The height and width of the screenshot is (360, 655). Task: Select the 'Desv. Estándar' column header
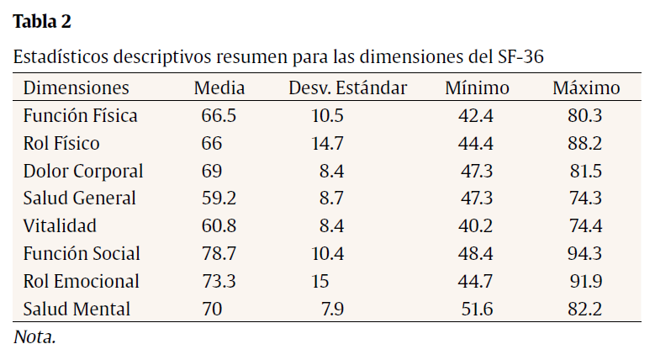coord(347,88)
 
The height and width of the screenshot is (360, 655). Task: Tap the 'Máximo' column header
coord(586,88)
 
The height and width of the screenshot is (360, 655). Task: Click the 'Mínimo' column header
coord(477,88)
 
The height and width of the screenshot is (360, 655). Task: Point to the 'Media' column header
coord(219,88)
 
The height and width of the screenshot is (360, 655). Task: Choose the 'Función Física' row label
coord(80,116)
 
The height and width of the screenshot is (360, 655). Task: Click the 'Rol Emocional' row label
coord(81,281)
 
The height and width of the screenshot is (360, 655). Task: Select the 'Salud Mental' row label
coord(77,309)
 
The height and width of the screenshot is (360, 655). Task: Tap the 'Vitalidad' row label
coord(60,226)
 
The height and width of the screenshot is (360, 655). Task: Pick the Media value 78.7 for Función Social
coord(219,254)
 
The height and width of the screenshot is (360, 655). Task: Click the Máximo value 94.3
coord(585,254)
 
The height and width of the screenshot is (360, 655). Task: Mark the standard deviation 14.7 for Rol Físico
coord(327,144)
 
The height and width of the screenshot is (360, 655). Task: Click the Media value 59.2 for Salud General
coord(219,199)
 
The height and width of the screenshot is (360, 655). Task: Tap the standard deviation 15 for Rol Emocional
coord(321,281)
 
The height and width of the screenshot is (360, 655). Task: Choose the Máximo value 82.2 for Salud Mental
coord(585,309)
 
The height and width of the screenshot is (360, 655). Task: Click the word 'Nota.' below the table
coord(34,337)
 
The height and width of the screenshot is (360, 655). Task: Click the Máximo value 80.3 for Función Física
coord(585,116)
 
